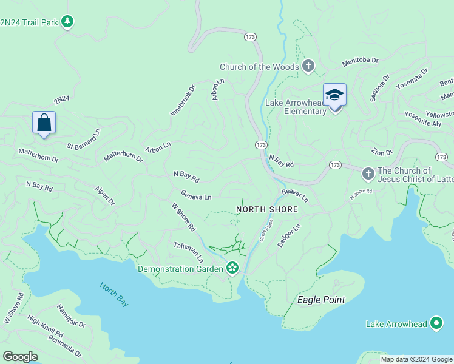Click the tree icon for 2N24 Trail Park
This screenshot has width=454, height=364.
[68, 22]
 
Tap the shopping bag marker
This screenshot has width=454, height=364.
[44, 123]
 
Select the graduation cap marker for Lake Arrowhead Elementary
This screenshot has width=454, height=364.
[334, 96]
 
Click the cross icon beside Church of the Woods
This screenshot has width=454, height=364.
[308, 67]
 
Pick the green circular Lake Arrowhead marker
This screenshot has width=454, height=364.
[436, 324]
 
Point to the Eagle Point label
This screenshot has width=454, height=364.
[321, 300]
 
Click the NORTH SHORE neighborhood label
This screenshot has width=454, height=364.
[267, 209]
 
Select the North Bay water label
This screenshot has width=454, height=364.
[114, 295]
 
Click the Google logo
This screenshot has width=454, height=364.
[21, 357]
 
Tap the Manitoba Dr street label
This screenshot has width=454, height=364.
[360, 61]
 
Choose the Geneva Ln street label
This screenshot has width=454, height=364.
[196, 196]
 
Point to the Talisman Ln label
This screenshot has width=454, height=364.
[188, 251]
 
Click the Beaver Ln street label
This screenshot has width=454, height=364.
[295, 195]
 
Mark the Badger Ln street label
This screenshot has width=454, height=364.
[289, 235]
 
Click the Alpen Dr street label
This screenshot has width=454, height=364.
[104, 196]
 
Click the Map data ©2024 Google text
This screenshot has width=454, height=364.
[416, 359]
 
